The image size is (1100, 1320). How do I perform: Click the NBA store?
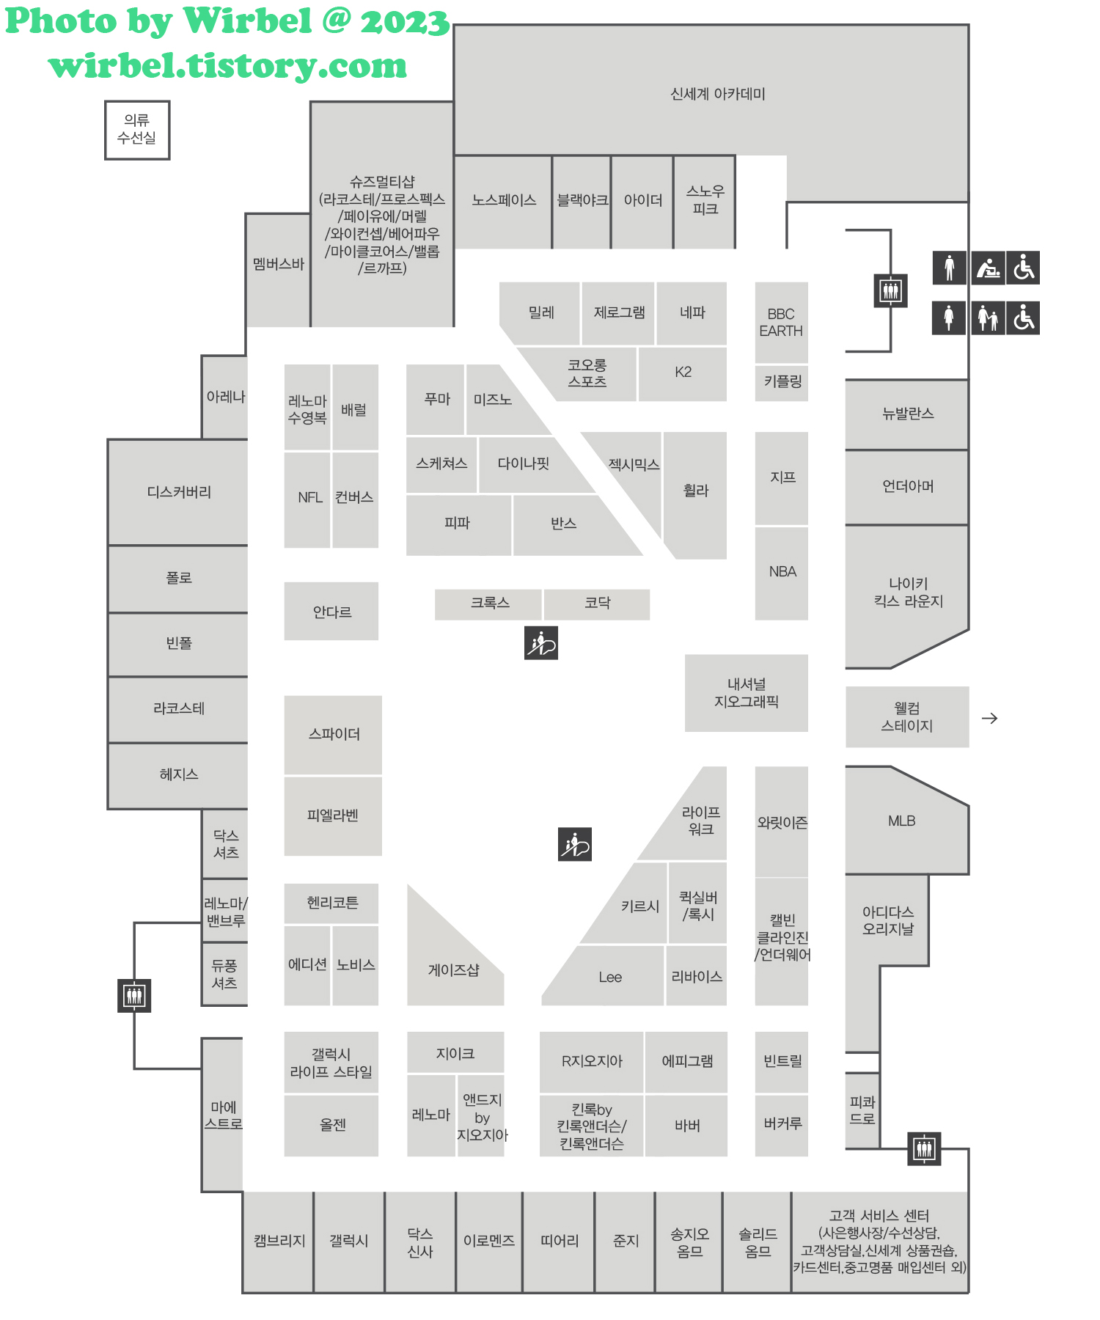click(x=782, y=572)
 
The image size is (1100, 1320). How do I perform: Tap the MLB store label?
click(x=901, y=821)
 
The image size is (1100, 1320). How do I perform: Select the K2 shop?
click(x=683, y=373)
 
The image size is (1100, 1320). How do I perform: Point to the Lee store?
click(x=609, y=978)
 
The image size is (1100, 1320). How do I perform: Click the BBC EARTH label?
click(x=781, y=323)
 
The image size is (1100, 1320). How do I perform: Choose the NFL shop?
click(x=309, y=498)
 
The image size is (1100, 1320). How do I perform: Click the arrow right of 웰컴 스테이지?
click(x=989, y=719)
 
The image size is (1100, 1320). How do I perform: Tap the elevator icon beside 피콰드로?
click(x=924, y=1148)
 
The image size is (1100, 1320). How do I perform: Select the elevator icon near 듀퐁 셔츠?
click(x=134, y=996)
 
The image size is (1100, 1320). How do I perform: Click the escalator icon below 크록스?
click(x=541, y=643)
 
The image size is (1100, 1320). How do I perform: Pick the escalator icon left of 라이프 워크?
click(x=575, y=844)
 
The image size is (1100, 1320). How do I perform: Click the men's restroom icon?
click(x=949, y=268)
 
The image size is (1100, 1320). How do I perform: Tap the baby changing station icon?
click(x=989, y=268)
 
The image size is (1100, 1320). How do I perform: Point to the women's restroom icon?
click(x=949, y=318)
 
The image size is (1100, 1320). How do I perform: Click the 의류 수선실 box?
click(x=137, y=130)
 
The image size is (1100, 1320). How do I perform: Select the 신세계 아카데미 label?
click(x=717, y=95)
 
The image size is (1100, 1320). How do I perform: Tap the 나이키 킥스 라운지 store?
click(x=908, y=593)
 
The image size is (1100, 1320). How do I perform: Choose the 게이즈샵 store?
click(x=454, y=970)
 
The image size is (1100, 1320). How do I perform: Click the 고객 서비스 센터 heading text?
click(x=879, y=1216)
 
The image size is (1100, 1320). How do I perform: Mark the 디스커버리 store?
click(x=179, y=492)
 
